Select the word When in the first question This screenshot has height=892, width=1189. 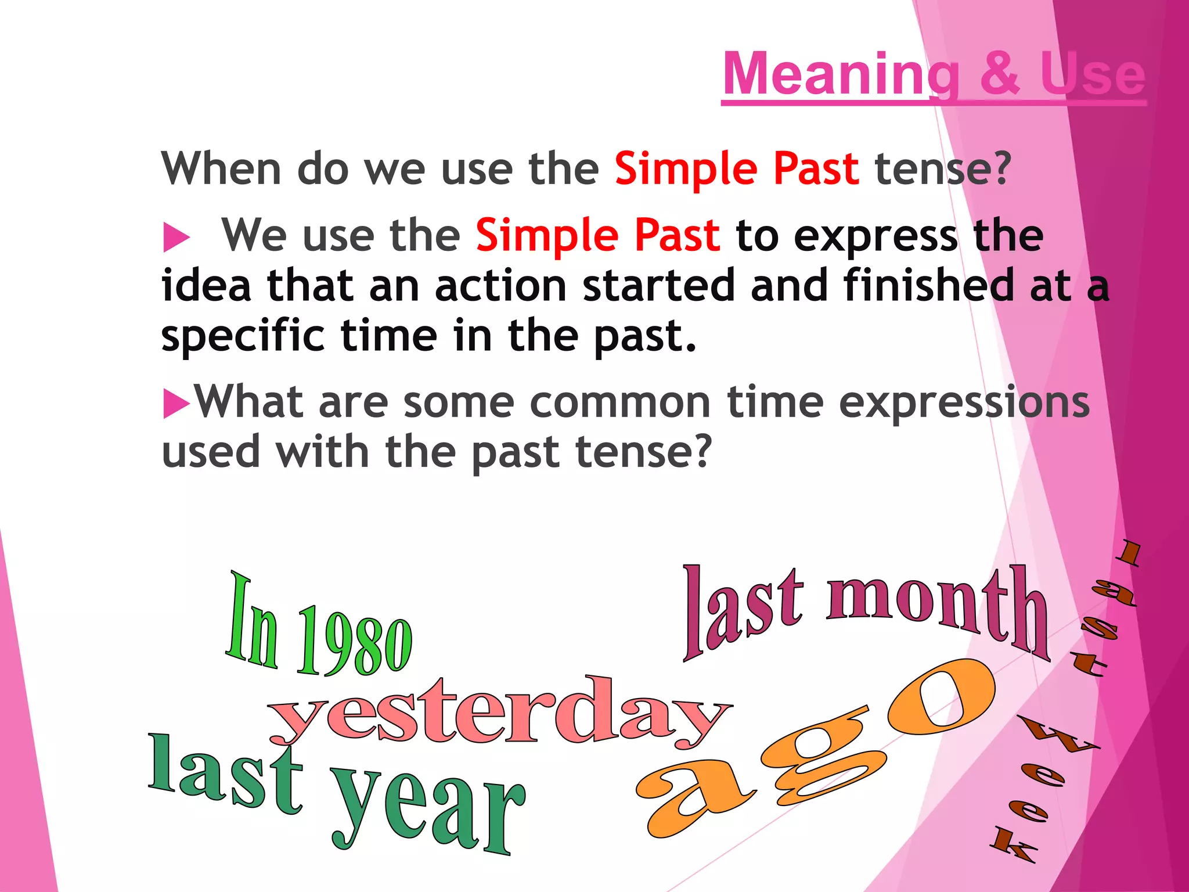point(221,168)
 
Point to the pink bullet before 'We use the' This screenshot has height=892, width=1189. point(176,238)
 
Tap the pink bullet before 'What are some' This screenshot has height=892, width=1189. point(176,403)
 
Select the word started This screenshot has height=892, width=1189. point(659,285)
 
